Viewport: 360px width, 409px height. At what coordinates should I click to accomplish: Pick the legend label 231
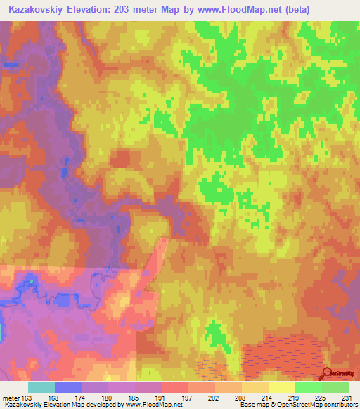coord(348,397)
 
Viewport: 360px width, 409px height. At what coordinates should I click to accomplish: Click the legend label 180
coord(108,397)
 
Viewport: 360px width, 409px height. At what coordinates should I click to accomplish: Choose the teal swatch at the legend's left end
coord(41,387)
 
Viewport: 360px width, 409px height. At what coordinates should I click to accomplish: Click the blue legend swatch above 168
coord(68,387)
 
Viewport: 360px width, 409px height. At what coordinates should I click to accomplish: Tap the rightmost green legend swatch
coord(335,387)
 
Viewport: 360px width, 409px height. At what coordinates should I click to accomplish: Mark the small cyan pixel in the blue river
coord(31,282)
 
